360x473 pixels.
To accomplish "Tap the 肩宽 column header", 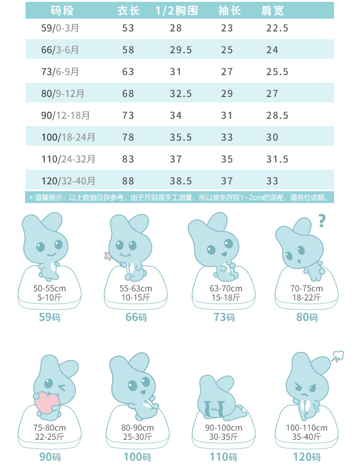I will coord(273,10).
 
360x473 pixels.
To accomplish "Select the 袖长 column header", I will coord(229,10).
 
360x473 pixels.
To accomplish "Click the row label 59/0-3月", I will coord(60,28).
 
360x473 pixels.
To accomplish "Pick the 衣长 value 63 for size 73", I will coord(128,72).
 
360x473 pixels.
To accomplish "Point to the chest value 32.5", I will coord(181,94).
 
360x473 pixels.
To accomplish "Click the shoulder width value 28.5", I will coord(277,116).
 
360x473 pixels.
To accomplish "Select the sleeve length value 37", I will coord(227,181).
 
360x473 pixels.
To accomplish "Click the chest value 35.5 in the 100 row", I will coord(181,137).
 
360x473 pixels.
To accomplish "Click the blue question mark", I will coord(322,221).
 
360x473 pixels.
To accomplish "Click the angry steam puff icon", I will coord(338,356).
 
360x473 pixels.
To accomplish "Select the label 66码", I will coord(136,317).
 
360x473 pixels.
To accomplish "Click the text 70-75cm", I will coord(306,289).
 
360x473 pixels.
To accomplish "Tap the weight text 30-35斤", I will coord(223,437).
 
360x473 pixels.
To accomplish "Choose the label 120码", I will coord(306,457).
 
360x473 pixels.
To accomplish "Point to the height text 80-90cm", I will coord(137,428).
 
